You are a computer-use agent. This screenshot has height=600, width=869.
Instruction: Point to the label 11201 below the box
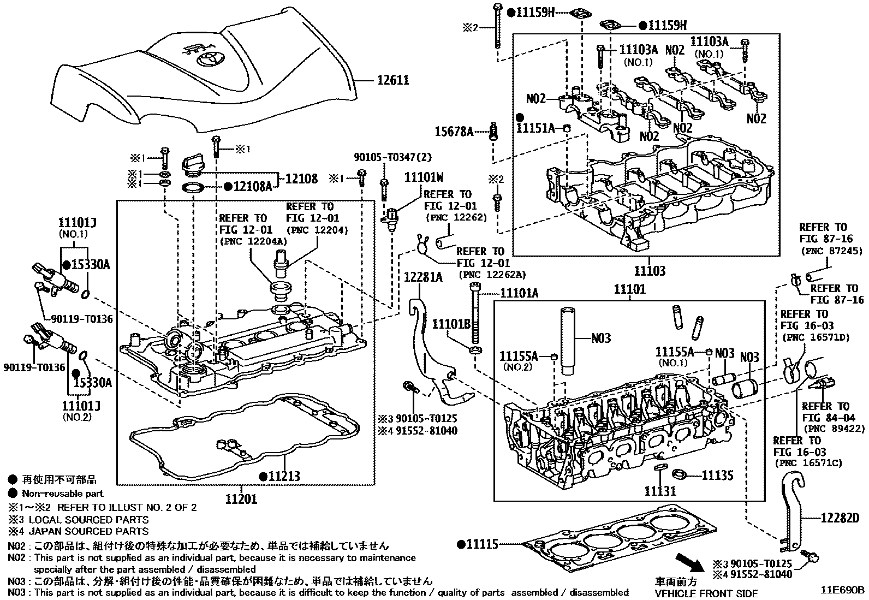(x=241, y=498)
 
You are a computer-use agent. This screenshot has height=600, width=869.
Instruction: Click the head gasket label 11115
(x=483, y=544)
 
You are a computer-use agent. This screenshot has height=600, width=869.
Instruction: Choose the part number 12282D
(x=840, y=518)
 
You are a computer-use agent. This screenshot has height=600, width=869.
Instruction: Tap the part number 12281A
(x=423, y=277)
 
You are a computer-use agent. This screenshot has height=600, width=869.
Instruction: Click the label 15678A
(x=454, y=132)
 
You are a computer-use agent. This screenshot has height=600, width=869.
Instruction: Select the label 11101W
(x=424, y=177)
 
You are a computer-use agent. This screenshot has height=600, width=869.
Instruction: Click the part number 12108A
(x=253, y=187)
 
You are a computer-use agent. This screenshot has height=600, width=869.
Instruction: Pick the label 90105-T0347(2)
(x=392, y=157)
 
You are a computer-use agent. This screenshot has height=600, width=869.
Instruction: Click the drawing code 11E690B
(x=843, y=590)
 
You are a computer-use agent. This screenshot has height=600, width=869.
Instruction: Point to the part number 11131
(x=660, y=491)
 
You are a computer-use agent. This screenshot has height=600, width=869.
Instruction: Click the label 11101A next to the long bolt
(x=519, y=294)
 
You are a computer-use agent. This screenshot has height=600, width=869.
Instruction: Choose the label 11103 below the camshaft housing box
(x=650, y=271)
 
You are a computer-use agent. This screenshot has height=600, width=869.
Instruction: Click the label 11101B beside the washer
(x=451, y=324)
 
